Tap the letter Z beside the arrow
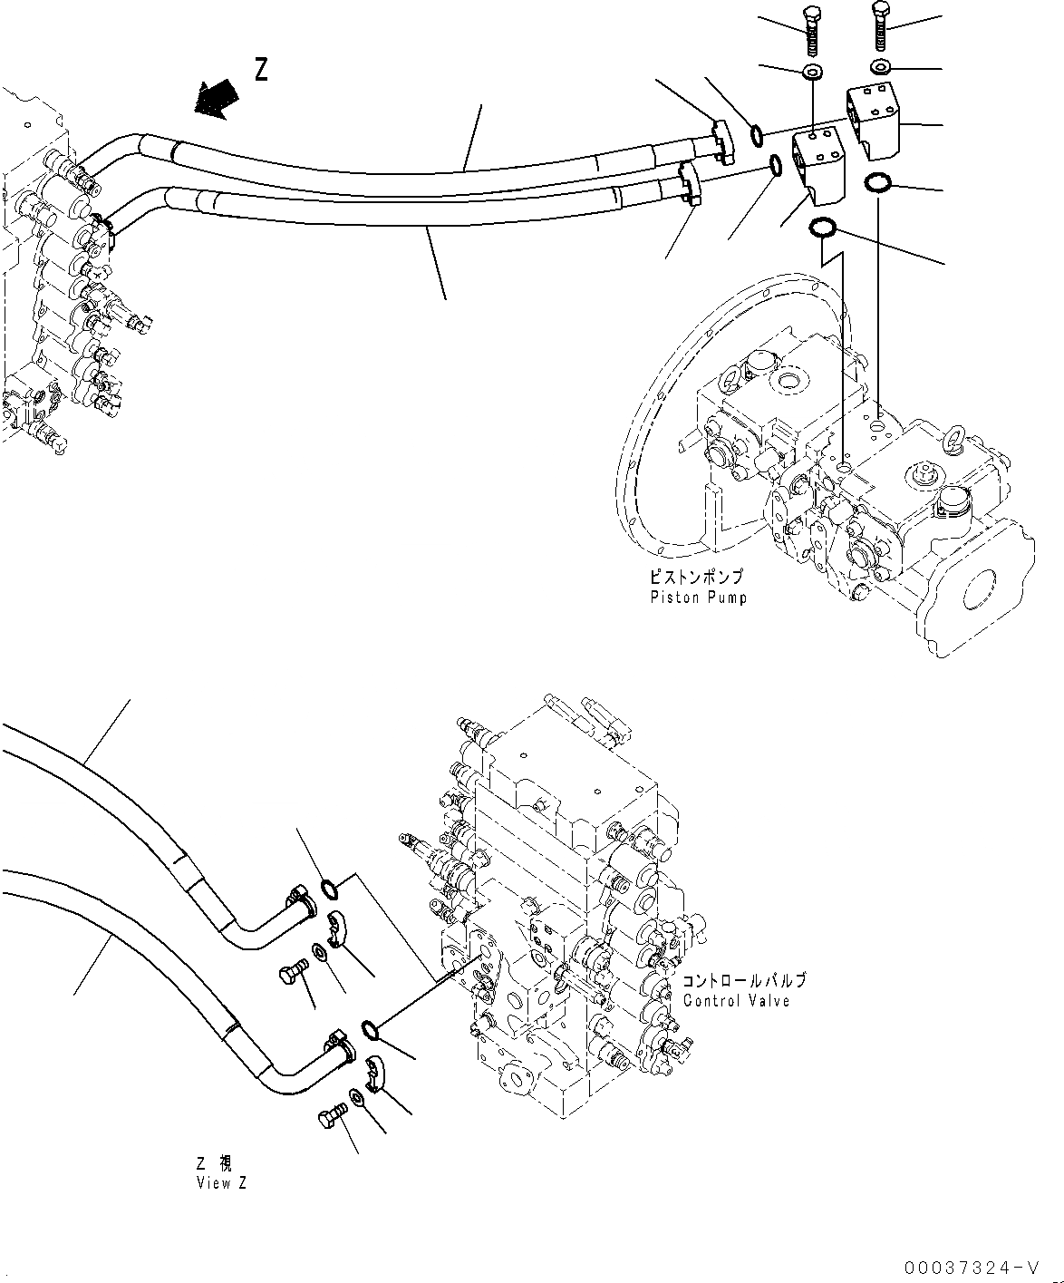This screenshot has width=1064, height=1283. pos(261,70)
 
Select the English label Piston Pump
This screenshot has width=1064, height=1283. pos(698,598)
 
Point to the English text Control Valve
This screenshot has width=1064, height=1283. pos(736,1001)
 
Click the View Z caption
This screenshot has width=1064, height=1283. pos(220,1183)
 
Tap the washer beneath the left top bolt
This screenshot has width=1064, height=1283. pos(811,71)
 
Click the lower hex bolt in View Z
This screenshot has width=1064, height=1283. pos(333,1117)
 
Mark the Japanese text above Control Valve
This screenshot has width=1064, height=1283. pos(743,982)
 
